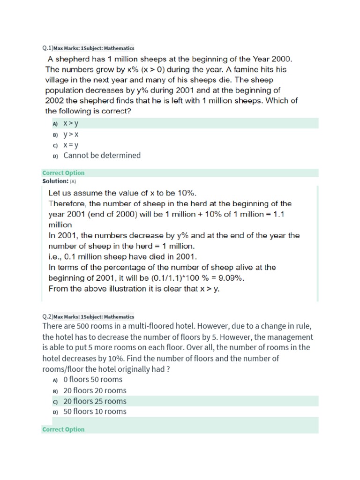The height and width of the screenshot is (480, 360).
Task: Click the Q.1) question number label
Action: tap(47, 48)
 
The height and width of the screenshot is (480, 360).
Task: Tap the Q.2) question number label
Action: tap(47, 316)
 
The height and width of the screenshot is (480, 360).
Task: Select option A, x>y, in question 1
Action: tap(71, 123)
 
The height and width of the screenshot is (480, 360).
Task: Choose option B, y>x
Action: tap(71, 134)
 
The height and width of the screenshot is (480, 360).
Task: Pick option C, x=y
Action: tap(71, 145)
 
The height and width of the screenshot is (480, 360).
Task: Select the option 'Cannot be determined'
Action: tap(102, 156)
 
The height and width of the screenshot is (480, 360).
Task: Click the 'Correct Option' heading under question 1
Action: tap(63, 172)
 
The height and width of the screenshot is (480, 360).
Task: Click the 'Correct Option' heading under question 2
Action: tap(63, 429)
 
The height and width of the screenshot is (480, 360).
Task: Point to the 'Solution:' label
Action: tap(55, 181)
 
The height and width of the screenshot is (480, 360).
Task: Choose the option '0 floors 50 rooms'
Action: tap(93, 380)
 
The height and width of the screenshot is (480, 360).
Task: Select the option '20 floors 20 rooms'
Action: tap(95, 390)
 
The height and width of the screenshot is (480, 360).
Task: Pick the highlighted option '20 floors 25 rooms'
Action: tap(95, 401)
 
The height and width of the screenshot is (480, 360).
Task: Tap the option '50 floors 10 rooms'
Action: tap(95, 412)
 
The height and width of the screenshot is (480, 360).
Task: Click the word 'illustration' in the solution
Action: tap(128, 289)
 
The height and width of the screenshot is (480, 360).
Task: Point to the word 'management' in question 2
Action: tap(288, 337)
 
